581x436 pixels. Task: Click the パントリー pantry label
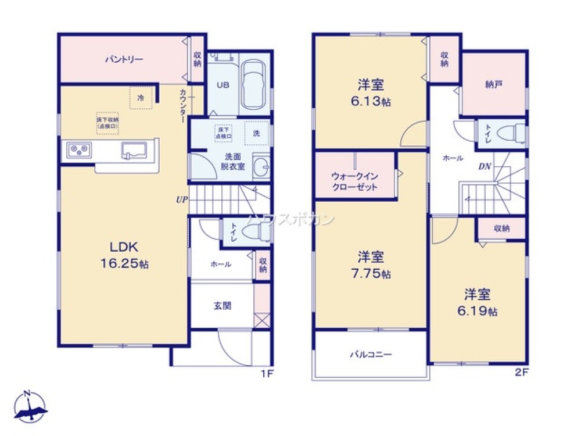pyautogui.click(x=124, y=59)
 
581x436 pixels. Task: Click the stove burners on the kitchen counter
pyautogui.click(x=78, y=151)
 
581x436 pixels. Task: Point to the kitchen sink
pyautogui.click(x=134, y=150)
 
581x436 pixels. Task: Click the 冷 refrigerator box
pyautogui.click(x=141, y=98)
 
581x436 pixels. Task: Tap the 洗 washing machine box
pyautogui.click(x=257, y=132)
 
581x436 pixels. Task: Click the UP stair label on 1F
pyautogui.click(x=182, y=199)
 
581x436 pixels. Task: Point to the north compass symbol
pyautogui.click(x=29, y=406)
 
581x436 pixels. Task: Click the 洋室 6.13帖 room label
pyautogui.click(x=371, y=93)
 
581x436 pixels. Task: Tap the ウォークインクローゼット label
pyautogui.click(x=354, y=181)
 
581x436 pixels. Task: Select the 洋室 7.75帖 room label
pyautogui.click(x=371, y=265)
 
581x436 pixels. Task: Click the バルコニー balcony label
pyautogui.click(x=371, y=354)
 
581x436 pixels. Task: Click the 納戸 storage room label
pyautogui.click(x=493, y=84)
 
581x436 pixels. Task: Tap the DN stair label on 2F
pyautogui.click(x=486, y=166)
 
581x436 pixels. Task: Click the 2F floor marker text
pyautogui.click(x=521, y=373)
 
